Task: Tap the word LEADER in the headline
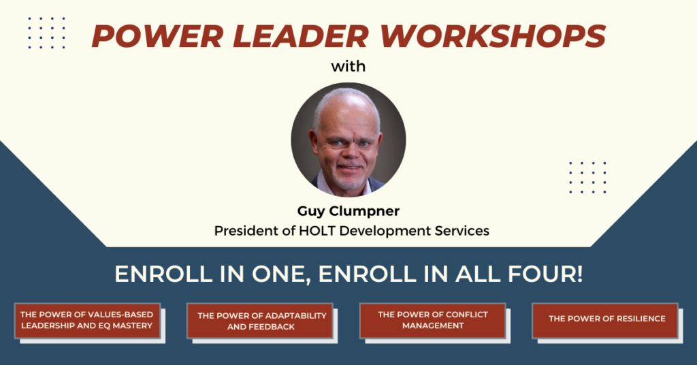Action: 301,36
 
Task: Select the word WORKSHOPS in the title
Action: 493,36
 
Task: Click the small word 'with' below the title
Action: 348,67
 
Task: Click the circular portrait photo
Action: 348,140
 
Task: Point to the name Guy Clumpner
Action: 348,211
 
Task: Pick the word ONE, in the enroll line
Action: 281,274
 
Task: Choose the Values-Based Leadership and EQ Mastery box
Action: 87,320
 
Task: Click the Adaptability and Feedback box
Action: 259,321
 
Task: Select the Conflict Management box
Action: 432,320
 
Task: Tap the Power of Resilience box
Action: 605,320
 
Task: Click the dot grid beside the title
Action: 47,33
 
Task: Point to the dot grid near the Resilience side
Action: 587,177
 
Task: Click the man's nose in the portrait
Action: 349,153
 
